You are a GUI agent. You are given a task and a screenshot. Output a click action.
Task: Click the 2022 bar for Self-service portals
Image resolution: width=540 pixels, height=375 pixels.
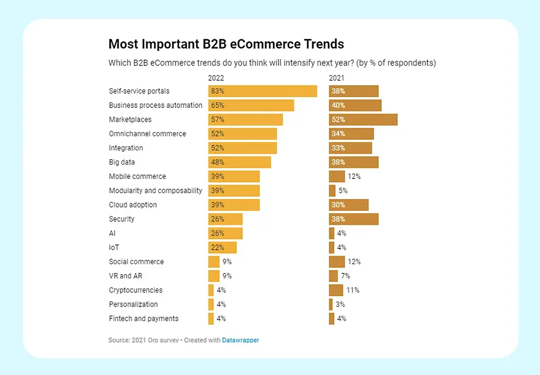pos(262,91)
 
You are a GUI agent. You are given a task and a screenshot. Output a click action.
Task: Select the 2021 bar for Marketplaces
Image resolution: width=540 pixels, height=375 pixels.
pos(363,120)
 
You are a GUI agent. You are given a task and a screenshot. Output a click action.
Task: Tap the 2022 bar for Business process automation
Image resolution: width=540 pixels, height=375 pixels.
pos(251,105)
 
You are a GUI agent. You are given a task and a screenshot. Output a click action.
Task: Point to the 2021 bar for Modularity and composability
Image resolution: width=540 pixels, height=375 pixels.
pos(332,191)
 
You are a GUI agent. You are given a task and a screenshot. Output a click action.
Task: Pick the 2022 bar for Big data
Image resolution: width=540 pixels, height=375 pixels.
pos(239,162)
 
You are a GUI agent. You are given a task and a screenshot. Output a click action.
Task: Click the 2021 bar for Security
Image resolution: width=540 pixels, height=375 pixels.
pos(353,219)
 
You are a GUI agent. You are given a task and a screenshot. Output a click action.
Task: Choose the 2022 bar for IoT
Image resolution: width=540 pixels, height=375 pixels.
pos(222,247)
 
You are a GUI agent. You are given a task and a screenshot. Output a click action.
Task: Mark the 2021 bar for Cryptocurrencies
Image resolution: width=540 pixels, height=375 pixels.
pos(336,290)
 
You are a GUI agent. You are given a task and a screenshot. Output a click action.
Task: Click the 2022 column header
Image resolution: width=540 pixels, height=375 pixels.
pos(216,78)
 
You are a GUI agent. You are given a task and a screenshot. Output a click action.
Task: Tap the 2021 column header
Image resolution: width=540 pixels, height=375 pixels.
pos(337,78)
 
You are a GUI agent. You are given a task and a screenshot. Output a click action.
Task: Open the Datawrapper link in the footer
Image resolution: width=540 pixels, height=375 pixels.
pos(240,340)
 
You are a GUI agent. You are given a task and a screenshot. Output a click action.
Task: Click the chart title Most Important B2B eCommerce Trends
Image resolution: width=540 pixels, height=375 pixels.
pos(226,44)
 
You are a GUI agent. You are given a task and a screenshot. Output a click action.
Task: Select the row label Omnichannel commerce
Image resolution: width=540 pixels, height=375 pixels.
pos(148,134)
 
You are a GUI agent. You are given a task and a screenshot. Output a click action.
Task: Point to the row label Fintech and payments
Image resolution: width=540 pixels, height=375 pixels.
pos(144,319)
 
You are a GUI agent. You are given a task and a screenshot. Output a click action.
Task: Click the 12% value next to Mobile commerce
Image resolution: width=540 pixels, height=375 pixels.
pos(354,176)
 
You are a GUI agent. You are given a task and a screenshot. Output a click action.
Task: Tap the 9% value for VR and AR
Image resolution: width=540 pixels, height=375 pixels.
pos(227,276)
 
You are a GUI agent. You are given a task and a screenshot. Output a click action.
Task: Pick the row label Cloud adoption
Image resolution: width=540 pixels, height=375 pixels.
pos(133,205)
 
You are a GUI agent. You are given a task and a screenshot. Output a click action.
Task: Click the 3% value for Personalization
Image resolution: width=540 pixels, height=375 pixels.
pos(340,305)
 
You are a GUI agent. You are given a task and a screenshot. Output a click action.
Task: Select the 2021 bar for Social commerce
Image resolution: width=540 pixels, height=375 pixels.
pos(337,262)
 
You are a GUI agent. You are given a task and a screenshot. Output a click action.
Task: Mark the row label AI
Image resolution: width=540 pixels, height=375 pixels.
pos(112,234)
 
